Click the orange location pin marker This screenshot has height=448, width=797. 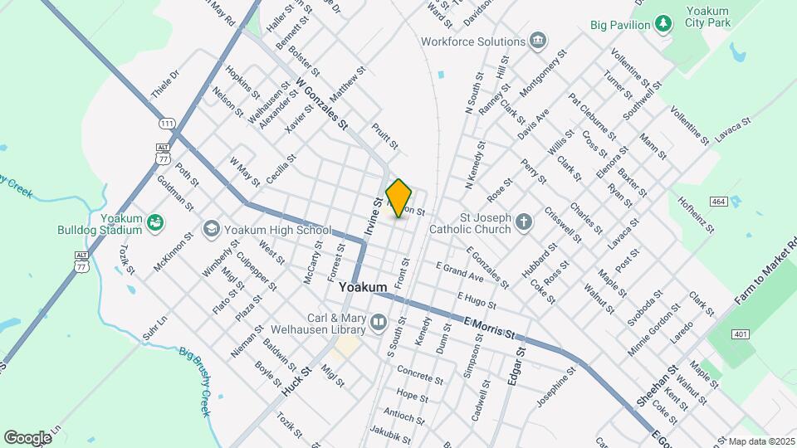399,197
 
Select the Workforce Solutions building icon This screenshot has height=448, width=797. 538,41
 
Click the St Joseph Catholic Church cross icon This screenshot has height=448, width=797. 523,222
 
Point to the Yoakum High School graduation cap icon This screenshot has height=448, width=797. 211,229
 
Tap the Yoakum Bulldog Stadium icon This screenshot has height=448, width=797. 154,222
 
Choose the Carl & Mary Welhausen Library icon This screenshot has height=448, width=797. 379,321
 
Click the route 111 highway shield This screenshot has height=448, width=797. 168,124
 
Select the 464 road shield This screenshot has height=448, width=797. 719,202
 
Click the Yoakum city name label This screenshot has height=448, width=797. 363,287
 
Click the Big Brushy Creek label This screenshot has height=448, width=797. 196,381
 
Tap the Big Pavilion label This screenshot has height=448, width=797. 620,25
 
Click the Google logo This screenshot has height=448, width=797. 27,437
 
